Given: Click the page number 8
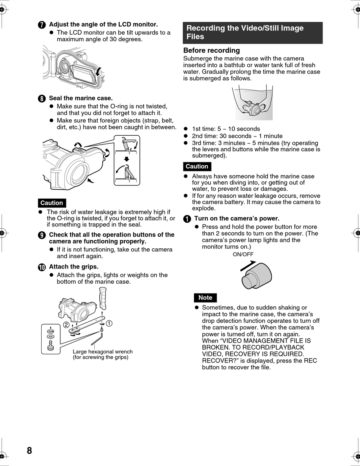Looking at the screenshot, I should click(30, 450).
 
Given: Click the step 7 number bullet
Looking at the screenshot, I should click(42, 25).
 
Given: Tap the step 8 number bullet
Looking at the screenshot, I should click(42, 99).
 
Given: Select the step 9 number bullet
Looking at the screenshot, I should click(42, 235).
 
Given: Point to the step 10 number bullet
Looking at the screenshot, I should click(42, 267).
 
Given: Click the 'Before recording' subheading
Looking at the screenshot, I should click(211, 50).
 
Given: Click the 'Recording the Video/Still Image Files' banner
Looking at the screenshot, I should click(252, 32).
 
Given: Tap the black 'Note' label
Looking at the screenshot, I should click(205, 298).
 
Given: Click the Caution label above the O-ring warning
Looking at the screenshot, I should click(52, 203).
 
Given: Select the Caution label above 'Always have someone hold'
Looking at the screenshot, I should click(197, 166).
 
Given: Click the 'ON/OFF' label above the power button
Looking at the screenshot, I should click(243, 254).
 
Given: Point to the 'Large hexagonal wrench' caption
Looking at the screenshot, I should click(102, 352).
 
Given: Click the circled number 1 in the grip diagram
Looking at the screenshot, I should click(109, 323).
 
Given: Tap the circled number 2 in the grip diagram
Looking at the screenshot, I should click(66, 325).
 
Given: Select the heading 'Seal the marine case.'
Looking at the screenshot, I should click(81, 98).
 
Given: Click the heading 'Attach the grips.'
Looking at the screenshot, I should click(74, 267).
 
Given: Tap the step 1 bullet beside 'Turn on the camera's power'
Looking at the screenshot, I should click(187, 219).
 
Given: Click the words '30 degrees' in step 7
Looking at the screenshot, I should click(127, 39).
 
